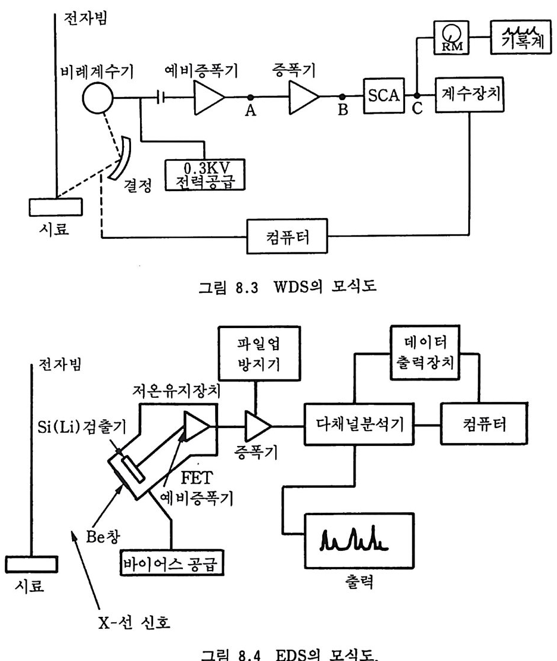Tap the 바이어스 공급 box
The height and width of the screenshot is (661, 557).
175,560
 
